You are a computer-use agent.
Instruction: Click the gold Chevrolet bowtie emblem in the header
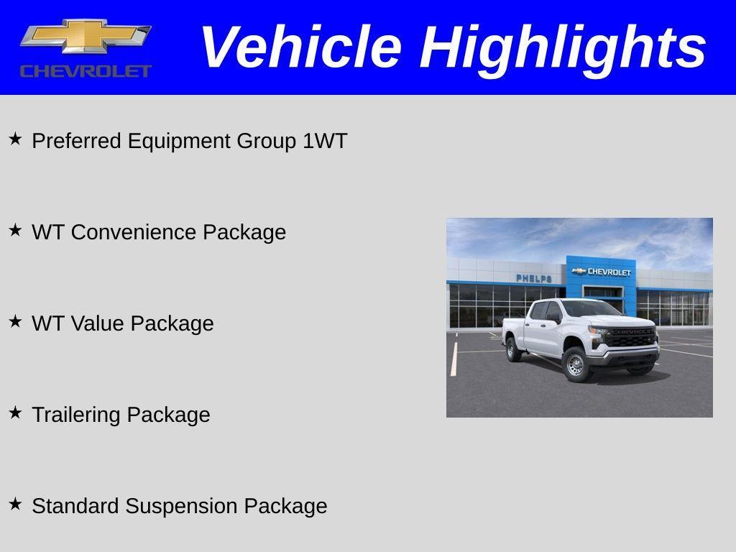86,36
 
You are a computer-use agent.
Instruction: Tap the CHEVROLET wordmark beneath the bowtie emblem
86,70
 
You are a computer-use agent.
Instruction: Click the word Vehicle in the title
300,47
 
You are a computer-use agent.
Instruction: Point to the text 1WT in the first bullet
324,141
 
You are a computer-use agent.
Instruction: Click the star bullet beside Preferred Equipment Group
15,139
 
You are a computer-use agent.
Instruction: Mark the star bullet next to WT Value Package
15,321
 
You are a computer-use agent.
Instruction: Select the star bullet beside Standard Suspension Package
15,504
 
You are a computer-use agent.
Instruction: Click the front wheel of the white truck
576,364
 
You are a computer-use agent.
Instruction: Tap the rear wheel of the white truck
513,349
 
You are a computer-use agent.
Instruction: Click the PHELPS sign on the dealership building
533,278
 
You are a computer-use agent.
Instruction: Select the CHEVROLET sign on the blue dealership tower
602,272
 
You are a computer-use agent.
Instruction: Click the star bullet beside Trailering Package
15,413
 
